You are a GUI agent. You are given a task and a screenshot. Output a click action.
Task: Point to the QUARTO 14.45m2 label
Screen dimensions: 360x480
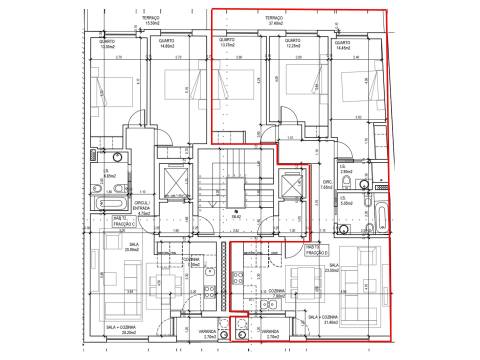(x=343, y=45)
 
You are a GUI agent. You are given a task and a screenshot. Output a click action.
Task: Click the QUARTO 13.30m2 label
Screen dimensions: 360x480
(x=108, y=43)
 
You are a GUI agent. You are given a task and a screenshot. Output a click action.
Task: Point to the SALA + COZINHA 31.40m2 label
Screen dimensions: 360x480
(x=326, y=319)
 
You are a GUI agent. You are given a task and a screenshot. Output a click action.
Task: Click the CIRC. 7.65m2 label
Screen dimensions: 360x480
(x=325, y=185)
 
